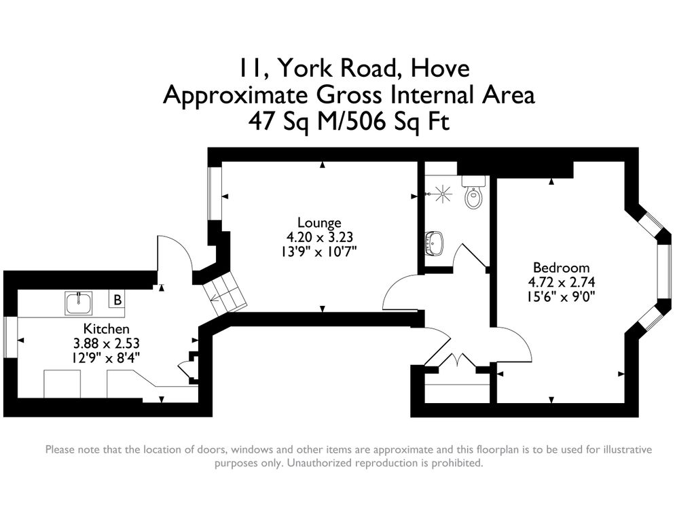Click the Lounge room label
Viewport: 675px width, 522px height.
coord(319,222)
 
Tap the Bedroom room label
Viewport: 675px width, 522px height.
coord(562,268)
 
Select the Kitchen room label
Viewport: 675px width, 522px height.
coord(106,329)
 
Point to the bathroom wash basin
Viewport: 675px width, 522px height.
coord(435,243)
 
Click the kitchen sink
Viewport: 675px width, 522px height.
coord(79,302)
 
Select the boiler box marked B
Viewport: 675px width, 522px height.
coord(117,299)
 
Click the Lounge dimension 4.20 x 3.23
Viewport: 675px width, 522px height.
coord(320,237)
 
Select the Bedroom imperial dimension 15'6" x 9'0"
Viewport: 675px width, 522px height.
coord(562,296)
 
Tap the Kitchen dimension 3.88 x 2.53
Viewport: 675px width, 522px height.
coord(107,343)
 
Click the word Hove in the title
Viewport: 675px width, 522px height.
coord(440,68)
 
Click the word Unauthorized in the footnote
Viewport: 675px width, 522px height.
coord(323,463)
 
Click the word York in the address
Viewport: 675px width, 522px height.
coord(304,68)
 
